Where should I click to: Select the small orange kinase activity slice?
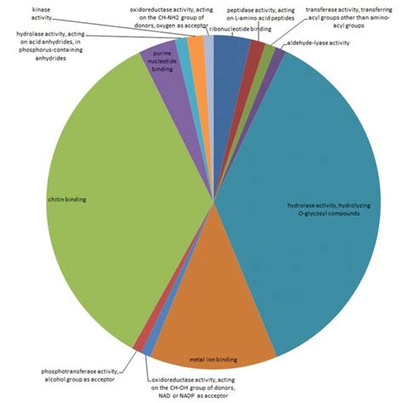point(196,60)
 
